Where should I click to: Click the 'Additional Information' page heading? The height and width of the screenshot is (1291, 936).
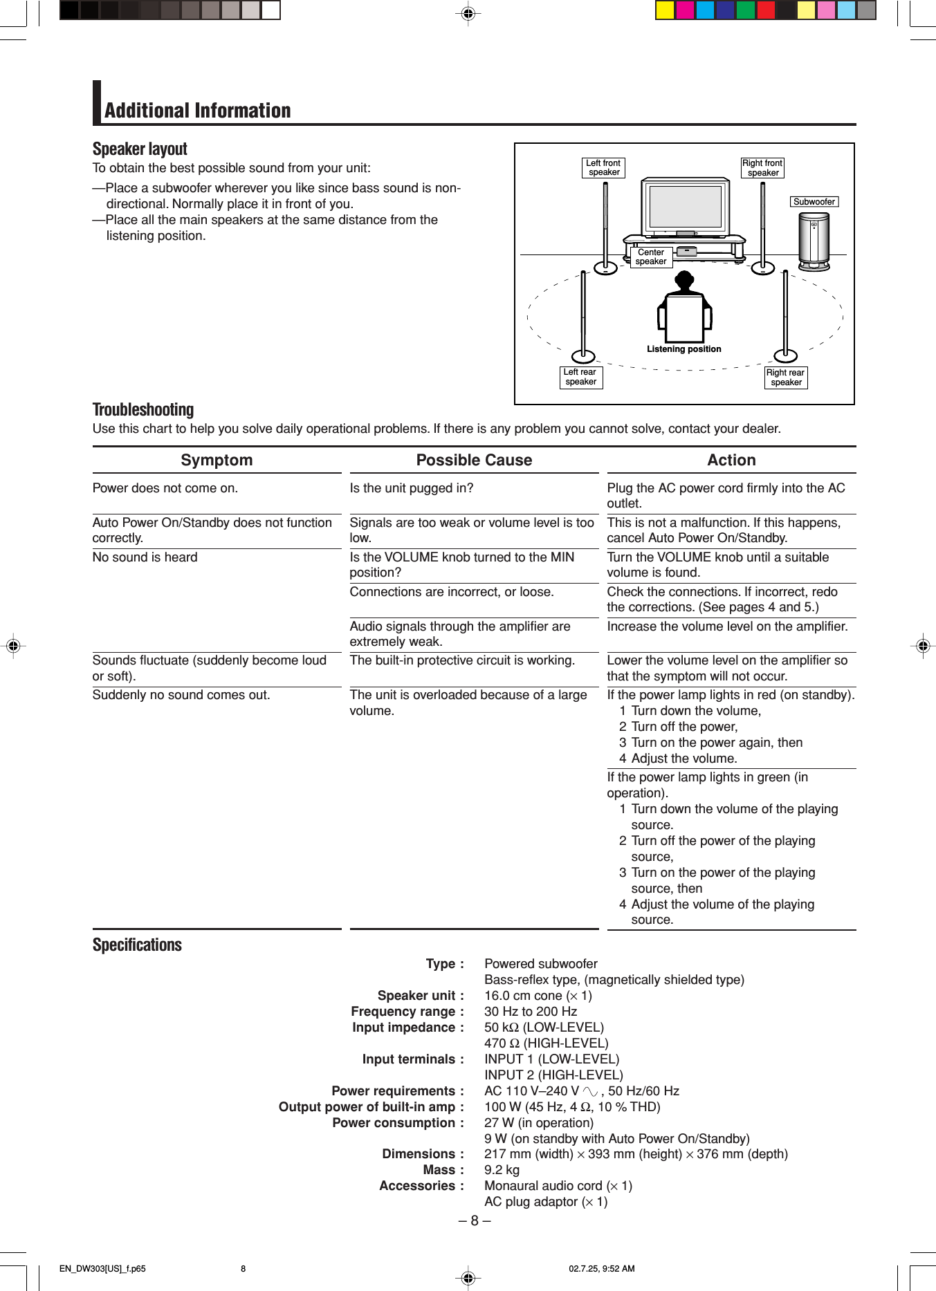[x=197, y=111]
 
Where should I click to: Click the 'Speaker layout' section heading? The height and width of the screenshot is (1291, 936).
[x=140, y=149]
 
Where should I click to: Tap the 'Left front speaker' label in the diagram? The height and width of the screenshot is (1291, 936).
[x=603, y=168]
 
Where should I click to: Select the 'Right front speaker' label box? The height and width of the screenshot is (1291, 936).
[x=762, y=168]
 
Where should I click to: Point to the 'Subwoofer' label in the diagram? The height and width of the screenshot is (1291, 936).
[x=814, y=202]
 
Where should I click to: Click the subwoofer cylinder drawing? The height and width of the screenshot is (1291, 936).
[x=814, y=240]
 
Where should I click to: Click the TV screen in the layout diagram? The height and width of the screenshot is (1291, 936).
[x=685, y=207]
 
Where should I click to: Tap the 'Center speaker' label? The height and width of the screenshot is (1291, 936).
[x=651, y=257]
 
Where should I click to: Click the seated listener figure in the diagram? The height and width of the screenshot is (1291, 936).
[x=684, y=310]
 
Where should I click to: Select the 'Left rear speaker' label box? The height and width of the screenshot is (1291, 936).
[x=580, y=377]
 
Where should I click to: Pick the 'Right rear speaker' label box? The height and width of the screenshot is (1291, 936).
[x=785, y=378]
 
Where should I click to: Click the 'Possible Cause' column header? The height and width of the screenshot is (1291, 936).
[x=474, y=461]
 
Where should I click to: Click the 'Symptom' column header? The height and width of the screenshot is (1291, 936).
[x=217, y=461]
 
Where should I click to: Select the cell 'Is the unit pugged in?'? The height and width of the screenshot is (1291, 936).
[x=412, y=488]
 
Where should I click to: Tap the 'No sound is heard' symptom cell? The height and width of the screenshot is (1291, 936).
[x=145, y=557]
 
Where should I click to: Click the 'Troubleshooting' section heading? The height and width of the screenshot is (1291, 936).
[x=143, y=410]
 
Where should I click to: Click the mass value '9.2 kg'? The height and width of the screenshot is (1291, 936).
[x=502, y=1170]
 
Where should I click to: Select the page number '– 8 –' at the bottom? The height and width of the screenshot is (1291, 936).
[x=474, y=1220]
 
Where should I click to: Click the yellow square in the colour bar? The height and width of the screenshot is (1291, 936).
[x=664, y=10]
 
